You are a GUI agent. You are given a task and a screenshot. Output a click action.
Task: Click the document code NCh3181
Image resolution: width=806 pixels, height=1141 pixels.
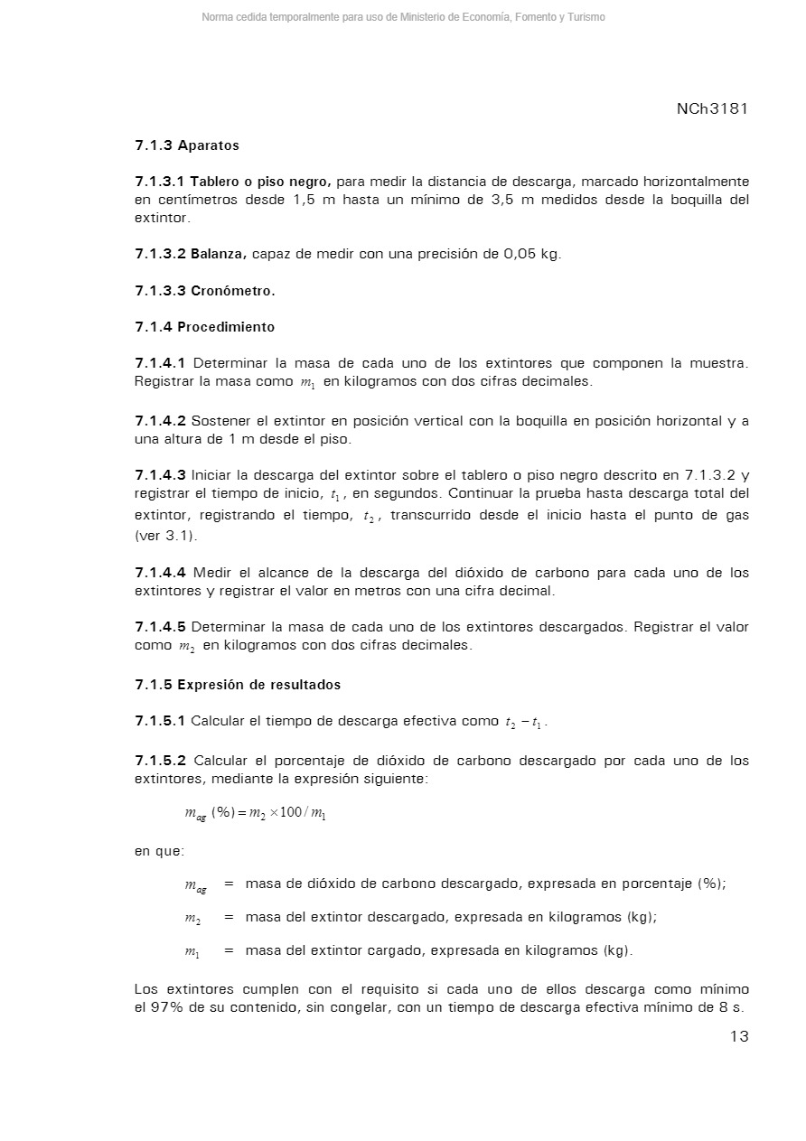pyautogui.click(x=712, y=109)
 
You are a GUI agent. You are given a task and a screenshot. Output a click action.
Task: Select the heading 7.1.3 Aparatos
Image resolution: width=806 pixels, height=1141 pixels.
pyautogui.click(x=187, y=145)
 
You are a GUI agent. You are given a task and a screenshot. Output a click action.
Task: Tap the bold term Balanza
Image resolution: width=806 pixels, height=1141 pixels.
pyautogui.click(x=219, y=254)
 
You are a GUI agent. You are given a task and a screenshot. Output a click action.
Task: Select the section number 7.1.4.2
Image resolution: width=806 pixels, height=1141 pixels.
pyautogui.click(x=161, y=421)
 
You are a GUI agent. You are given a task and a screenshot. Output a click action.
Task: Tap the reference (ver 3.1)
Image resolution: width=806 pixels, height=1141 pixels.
pyautogui.click(x=165, y=536)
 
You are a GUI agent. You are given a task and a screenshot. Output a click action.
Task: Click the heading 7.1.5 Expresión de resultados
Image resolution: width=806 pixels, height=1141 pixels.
pyautogui.click(x=238, y=685)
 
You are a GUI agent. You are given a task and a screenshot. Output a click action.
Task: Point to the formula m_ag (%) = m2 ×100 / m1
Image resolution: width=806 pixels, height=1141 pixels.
pyautogui.click(x=255, y=813)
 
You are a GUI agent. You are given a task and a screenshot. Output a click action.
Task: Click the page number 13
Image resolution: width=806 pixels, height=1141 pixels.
pyautogui.click(x=738, y=1036)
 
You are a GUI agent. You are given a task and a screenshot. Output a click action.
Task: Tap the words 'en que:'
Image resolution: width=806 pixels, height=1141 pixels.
pyautogui.click(x=159, y=851)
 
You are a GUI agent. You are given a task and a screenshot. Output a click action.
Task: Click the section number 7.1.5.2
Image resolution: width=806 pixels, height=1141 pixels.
pyautogui.click(x=161, y=761)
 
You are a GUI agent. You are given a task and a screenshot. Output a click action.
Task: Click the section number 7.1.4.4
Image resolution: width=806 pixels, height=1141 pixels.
pyautogui.click(x=161, y=573)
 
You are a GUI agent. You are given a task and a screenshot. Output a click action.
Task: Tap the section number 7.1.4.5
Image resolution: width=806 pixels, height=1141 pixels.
pyautogui.click(x=161, y=627)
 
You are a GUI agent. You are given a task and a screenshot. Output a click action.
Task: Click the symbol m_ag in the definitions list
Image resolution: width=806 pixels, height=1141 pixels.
pyautogui.click(x=195, y=884)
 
